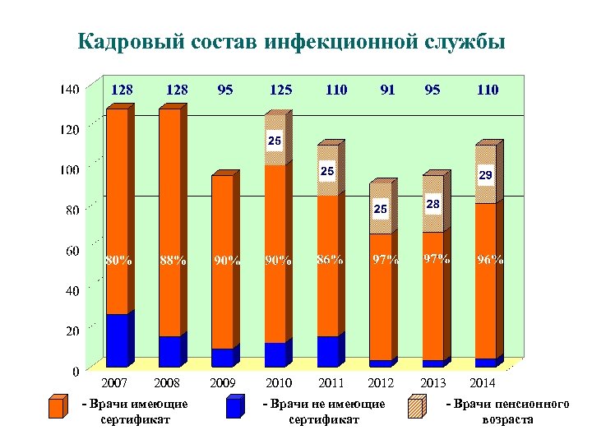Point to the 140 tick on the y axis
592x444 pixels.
tap(70, 90)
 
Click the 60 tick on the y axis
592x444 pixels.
tap(72, 250)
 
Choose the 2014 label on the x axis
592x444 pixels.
tap(483, 383)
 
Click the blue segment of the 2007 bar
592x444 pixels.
tap(118, 340)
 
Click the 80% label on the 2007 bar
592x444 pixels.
tap(118, 261)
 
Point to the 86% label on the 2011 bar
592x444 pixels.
tap(329, 260)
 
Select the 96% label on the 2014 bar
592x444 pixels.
tap(490, 260)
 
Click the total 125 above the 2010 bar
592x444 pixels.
tap(279, 90)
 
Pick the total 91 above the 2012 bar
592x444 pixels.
tap(386, 90)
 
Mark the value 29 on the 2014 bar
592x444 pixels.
tap(485, 176)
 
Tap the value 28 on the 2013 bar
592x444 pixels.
tap(433, 203)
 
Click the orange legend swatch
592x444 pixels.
tap(57, 408)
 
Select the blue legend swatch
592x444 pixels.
tap(234, 408)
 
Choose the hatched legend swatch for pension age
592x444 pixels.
tap(419, 408)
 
